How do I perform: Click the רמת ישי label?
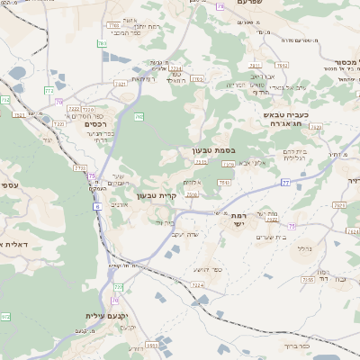pos(238,220)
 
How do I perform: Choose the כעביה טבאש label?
pos(285,116)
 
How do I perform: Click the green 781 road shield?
pos(102,43)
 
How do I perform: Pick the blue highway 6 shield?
pos(96,206)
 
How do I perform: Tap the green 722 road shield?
pos(117,286)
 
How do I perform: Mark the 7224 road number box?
pos(197,284)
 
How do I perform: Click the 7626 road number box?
pos(338,205)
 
